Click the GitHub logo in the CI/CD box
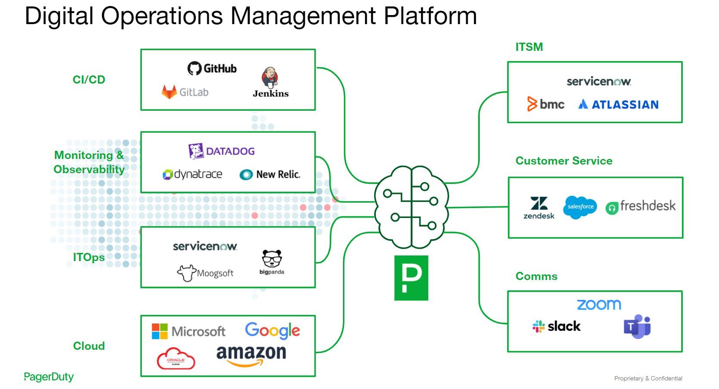(212, 68)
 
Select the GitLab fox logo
(169, 92)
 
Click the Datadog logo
(221, 151)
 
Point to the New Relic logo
(269, 174)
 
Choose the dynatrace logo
(192, 174)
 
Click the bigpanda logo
(272, 261)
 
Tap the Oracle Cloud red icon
(175, 359)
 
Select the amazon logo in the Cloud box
(251, 355)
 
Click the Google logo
(272, 330)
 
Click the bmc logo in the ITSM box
(545, 104)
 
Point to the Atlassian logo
(618, 104)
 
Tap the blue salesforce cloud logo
(580, 207)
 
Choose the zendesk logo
(539, 208)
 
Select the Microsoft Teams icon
(637, 327)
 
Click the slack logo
(556, 327)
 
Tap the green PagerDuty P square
(411, 278)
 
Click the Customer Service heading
(564, 161)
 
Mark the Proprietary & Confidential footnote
(648, 378)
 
